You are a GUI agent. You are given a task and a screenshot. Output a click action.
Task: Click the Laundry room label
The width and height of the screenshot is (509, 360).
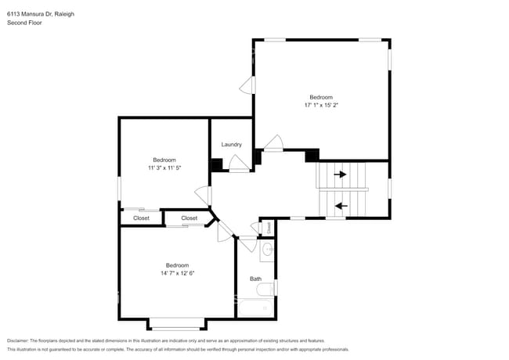[231, 145]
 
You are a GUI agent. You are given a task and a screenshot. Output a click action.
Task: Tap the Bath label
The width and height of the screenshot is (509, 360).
[255, 279]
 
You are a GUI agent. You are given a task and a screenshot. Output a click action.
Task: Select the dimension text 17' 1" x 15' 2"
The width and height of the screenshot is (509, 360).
[321, 105]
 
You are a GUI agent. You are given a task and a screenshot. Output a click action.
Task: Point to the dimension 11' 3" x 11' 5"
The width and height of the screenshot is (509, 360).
[164, 167]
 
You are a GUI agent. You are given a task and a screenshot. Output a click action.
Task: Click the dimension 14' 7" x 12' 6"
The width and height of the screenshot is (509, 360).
[177, 273]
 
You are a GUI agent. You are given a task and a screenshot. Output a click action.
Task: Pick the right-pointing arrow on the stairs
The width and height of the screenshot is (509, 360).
[341, 174]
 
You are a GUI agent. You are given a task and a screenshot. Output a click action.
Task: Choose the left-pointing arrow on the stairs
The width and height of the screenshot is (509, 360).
[341, 207]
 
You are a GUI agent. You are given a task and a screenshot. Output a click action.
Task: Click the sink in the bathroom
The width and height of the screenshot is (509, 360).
[266, 250]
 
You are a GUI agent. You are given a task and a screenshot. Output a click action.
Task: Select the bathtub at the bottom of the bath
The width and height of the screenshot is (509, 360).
[254, 308]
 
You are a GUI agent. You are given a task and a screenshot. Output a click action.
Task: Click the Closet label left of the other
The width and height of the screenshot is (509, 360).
[141, 218]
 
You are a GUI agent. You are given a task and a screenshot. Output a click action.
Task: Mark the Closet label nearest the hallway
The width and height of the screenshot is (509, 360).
[190, 218]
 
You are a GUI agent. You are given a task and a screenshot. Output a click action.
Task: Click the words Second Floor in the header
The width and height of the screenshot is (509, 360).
[24, 23]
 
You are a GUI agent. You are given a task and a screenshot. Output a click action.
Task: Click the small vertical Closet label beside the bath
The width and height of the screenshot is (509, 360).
[268, 227]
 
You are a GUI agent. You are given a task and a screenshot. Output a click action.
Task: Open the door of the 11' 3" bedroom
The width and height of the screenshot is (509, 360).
[204, 196]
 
